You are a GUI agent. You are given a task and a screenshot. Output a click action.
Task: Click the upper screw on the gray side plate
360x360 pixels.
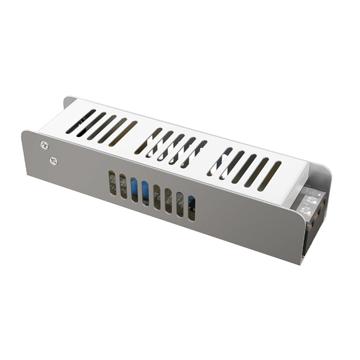[x=44, y=145]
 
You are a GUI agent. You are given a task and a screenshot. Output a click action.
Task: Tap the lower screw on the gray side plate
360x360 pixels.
[x=53, y=161]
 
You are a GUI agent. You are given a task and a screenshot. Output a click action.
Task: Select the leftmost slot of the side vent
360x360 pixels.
[x=112, y=183]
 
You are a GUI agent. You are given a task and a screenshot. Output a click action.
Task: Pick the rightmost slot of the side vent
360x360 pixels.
[x=191, y=208]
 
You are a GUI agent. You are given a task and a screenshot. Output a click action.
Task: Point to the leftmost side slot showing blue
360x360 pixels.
[x=134, y=190]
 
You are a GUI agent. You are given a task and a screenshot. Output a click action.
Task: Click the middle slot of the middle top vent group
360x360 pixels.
[x=171, y=147]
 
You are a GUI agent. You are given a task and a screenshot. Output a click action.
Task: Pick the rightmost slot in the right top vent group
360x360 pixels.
[x=269, y=175]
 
